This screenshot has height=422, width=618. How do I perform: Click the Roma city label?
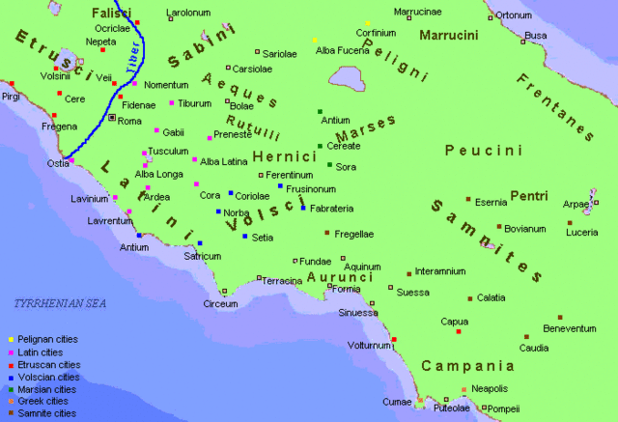point(129,121)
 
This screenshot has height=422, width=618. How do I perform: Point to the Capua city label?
point(454,322)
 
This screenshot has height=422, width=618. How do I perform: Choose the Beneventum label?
point(570,328)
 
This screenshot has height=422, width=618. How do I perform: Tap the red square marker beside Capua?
point(459,332)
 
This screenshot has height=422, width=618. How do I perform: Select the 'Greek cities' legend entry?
point(42,401)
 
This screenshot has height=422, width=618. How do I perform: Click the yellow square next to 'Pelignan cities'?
point(10,340)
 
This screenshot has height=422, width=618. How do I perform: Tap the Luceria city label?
point(582,232)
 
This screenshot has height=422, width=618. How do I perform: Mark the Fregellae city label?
point(354,234)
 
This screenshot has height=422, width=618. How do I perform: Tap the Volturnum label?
point(370,345)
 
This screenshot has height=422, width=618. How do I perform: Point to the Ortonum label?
point(514,15)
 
